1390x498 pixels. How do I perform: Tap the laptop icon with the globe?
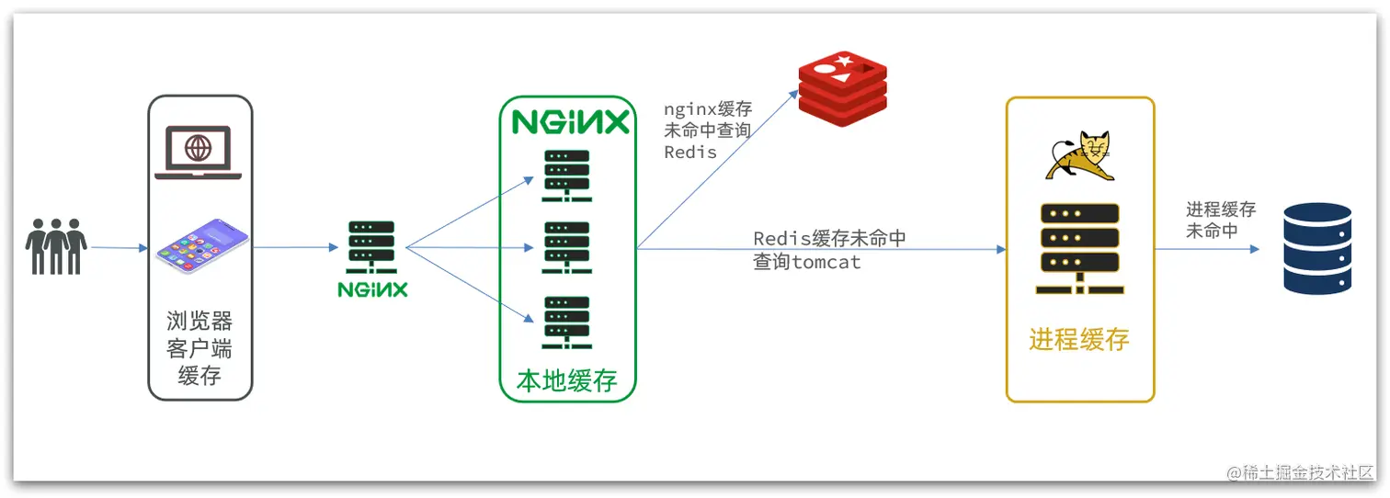pos(198,153)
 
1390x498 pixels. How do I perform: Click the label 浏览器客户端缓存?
pos(199,347)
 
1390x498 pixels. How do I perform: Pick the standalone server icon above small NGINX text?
pos(371,247)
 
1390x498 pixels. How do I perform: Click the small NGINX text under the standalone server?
pos(372,289)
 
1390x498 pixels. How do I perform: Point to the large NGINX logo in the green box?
pos(570,122)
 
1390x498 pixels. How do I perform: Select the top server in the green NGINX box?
pos(566,175)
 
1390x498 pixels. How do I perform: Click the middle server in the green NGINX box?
pos(566,247)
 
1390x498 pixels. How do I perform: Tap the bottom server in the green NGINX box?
pos(566,321)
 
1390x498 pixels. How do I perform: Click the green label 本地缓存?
pos(567,380)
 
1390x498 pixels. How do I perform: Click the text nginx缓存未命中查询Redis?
pos(707,130)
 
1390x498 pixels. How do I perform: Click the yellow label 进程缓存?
pos(1079,340)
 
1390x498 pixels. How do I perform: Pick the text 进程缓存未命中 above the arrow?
pos(1220,220)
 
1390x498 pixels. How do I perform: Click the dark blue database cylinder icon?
pos(1317,248)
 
